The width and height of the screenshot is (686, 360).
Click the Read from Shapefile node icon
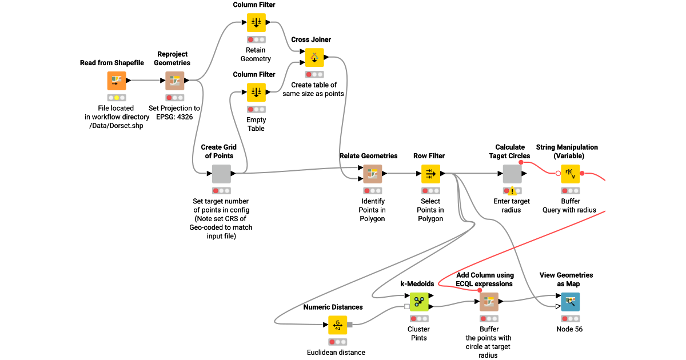117,81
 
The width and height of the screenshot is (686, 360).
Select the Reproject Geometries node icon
174,81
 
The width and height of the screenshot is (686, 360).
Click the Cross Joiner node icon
313,57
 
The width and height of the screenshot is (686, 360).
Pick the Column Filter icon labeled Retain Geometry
256,23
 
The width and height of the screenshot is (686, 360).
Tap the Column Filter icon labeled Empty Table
256,92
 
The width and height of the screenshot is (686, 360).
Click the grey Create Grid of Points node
221,174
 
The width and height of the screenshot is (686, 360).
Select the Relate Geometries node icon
372,174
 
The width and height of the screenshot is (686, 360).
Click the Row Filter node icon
430,174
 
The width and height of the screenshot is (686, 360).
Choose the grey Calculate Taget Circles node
512,174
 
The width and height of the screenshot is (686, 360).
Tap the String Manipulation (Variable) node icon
570,174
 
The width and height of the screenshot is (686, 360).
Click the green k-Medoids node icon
418,302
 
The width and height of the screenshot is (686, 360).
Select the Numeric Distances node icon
337,325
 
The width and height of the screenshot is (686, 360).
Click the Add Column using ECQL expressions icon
489,302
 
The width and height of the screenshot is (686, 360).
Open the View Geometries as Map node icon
570,302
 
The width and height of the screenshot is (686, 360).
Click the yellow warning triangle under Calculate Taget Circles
512,191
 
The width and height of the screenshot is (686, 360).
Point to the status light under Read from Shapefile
117,98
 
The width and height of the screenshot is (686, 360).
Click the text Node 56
570,329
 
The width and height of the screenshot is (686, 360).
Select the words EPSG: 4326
175,117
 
